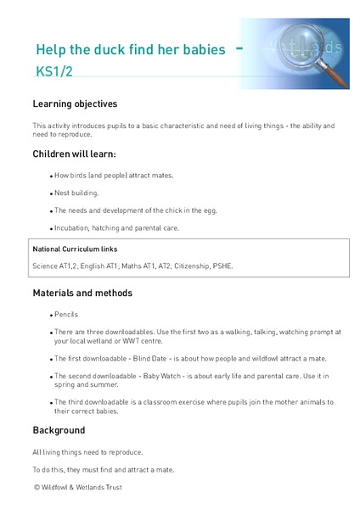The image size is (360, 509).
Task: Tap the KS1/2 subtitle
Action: coord(54,72)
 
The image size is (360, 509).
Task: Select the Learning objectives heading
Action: coord(75,104)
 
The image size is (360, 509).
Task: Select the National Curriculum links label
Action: coord(75,249)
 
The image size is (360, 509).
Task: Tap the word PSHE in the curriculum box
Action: coord(221,266)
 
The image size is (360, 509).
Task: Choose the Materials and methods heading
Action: coord(82,294)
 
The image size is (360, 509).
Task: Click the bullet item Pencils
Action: coord(66,314)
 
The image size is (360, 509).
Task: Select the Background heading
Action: coord(59,430)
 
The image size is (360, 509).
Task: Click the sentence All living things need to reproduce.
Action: coord(87,452)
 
